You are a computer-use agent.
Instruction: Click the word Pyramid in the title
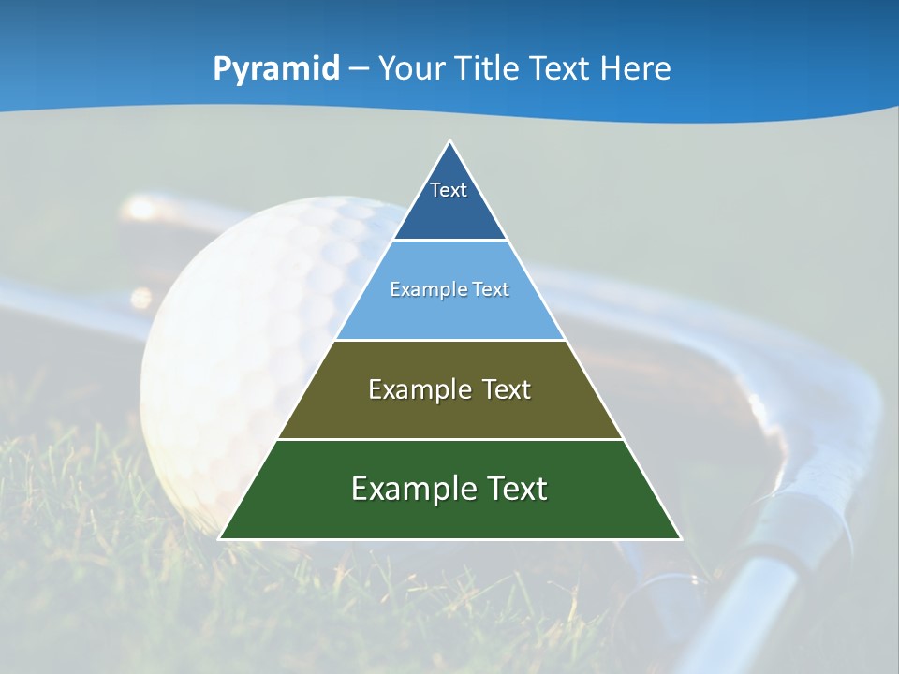(276, 69)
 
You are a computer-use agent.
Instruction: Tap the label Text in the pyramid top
(449, 190)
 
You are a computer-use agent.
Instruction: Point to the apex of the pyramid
(450, 142)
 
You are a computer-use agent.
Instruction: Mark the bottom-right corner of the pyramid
(680, 538)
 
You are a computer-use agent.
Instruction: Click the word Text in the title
(563, 68)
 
